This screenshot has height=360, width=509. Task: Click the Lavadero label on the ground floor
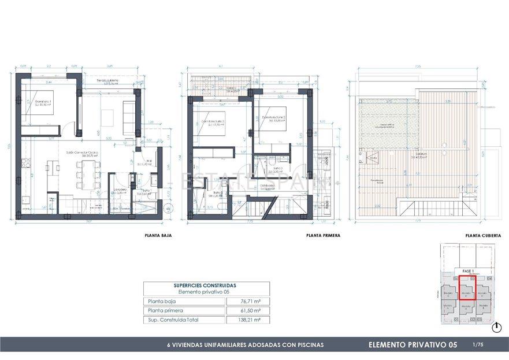coord(120,190)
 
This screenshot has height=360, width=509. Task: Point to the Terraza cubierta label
coord(107,82)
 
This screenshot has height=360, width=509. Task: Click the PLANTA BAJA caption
coord(158,236)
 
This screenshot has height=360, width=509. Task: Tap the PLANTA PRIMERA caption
coord(323,236)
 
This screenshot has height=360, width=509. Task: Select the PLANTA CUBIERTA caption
coord(483,236)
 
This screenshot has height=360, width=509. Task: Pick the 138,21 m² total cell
coord(250,320)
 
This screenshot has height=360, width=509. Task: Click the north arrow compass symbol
coord(496,328)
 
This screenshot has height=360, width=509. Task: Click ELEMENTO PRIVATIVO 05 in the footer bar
coord(413,345)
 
